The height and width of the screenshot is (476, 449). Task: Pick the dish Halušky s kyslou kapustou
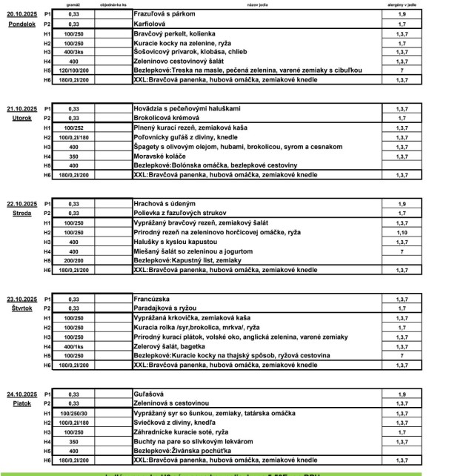171,242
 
